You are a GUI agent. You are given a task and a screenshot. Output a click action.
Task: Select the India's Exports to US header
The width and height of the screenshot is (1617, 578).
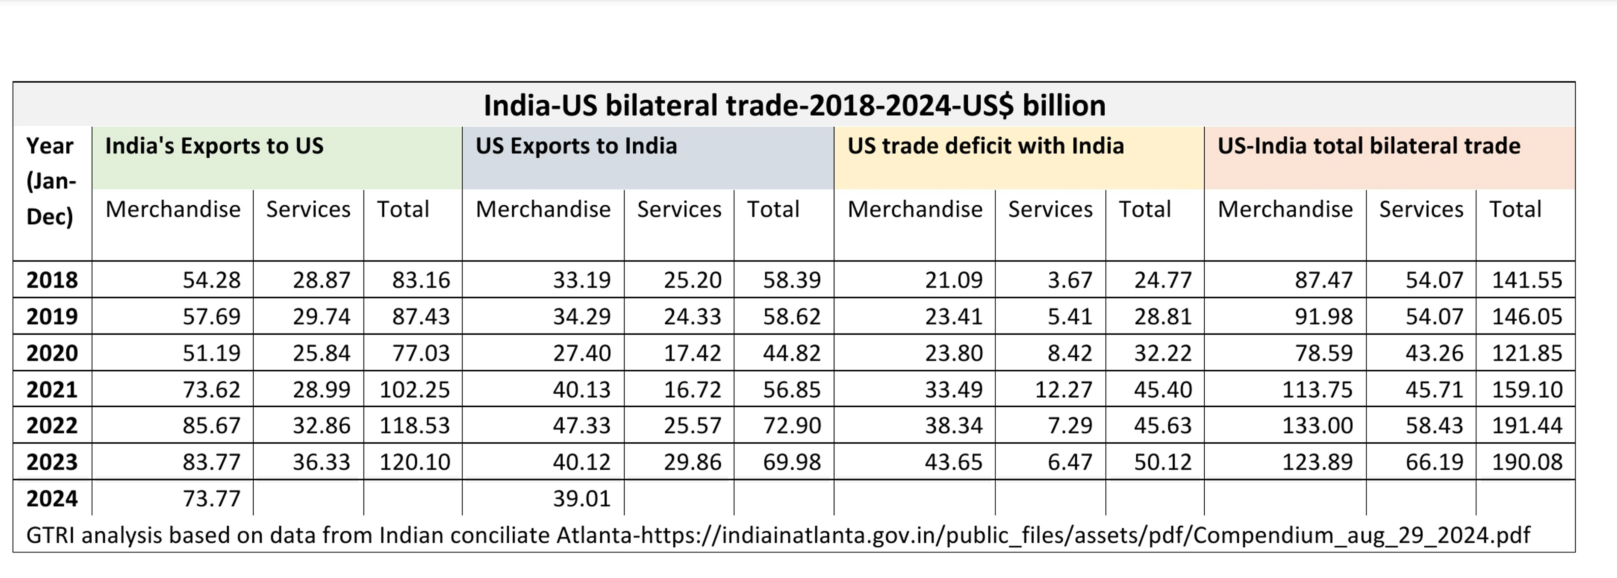click(x=214, y=146)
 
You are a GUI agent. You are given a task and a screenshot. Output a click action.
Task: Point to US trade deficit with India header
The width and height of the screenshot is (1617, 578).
click(x=985, y=146)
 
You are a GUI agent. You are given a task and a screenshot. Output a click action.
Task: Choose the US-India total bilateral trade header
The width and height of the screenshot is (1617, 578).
click(x=1368, y=146)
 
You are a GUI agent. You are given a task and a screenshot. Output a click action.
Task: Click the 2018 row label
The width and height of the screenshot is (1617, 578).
click(x=52, y=280)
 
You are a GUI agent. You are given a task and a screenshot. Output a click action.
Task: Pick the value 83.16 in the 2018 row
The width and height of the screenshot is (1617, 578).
click(x=420, y=280)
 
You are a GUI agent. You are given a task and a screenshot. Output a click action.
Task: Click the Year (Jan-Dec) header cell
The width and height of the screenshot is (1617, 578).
click(x=50, y=181)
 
